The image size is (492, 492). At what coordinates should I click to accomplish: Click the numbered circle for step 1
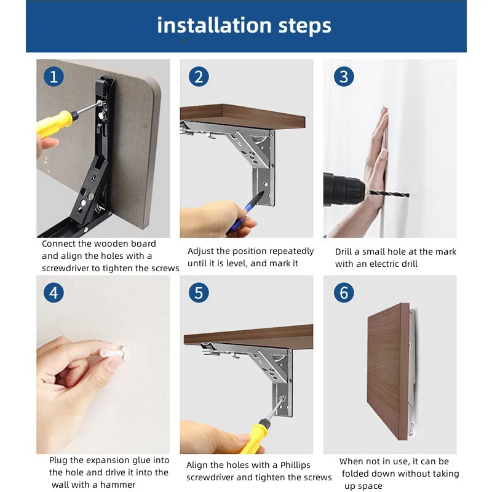(x=54, y=77)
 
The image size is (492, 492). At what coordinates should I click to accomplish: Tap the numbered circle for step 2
(x=199, y=77)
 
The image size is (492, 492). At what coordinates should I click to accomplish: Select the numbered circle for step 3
(x=344, y=77)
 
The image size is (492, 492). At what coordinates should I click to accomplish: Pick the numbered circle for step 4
(x=54, y=293)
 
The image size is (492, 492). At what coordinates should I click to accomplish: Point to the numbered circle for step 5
(x=199, y=293)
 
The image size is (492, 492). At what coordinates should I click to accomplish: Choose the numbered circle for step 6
(x=344, y=293)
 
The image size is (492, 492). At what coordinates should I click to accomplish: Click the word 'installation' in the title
(x=214, y=25)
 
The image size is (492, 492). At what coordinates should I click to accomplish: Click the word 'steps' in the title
(x=304, y=26)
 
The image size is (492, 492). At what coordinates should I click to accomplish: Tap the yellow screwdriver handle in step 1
(x=55, y=124)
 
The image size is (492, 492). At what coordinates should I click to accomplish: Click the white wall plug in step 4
(x=113, y=352)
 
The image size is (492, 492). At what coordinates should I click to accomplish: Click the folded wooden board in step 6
(x=389, y=371)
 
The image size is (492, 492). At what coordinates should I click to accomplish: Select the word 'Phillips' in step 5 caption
(x=295, y=465)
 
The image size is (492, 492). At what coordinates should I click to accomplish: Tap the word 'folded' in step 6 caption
(x=358, y=473)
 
